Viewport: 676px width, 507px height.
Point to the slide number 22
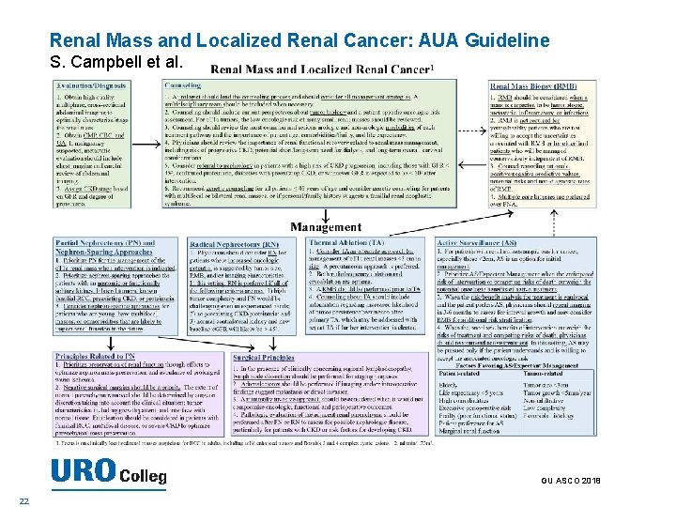click(36, 499)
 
